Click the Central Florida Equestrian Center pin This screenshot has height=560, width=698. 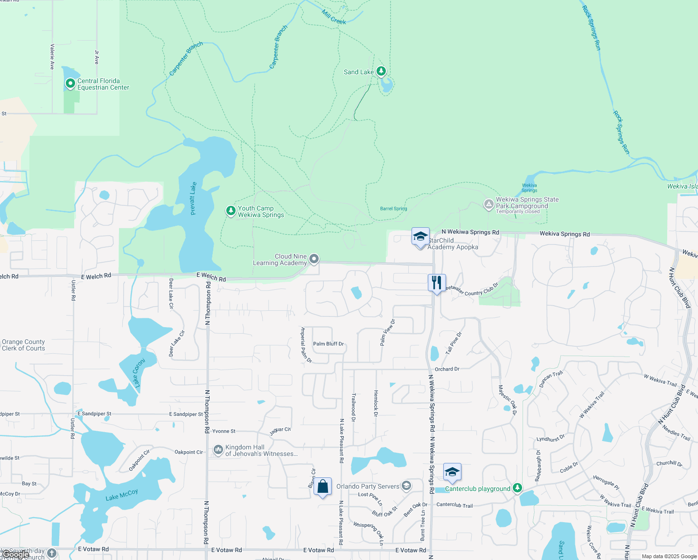click(70, 84)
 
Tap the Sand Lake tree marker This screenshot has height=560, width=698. click(381, 71)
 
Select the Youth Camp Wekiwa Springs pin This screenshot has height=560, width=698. click(230, 211)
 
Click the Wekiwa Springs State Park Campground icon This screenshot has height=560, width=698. click(489, 204)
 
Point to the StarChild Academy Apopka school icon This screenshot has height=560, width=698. click(420, 237)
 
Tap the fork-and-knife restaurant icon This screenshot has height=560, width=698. click(437, 282)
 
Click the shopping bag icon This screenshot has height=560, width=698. click(323, 486)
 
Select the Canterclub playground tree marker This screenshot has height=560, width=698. click(517, 488)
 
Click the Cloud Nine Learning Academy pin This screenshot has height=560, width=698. click(314, 259)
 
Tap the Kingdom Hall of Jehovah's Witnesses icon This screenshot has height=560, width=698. click(218, 449)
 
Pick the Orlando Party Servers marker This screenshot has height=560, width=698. click(406, 486)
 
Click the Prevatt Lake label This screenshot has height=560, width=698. click(193, 199)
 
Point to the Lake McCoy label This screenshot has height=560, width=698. click(121, 494)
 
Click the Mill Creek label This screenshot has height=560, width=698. click(334, 17)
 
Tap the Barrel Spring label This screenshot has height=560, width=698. click(393, 209)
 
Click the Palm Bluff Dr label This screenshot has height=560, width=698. click(328, 344)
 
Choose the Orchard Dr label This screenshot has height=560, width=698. click(447, 369)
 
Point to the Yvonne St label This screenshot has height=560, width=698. click(224, 431)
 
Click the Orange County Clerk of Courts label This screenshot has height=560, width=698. click(23, 345)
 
